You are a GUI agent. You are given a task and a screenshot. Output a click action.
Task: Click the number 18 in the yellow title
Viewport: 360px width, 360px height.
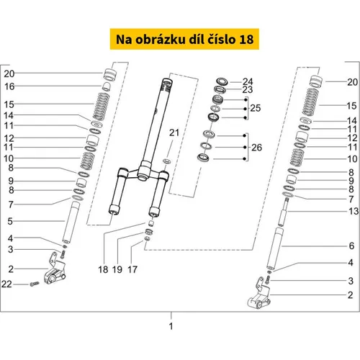(x=246, y=40)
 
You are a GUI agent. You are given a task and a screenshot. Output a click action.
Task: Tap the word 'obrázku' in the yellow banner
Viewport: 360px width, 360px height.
(x=161, y=40)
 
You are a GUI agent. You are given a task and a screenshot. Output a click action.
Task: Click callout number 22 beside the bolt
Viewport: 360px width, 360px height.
(x=6, y=284)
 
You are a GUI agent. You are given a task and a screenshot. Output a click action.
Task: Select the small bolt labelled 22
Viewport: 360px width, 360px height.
(x=35, y=284)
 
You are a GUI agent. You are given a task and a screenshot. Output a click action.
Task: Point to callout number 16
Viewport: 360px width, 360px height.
(x=9, y=86)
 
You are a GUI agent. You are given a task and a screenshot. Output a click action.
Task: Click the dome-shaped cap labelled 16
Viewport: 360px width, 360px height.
(x=107, y=86)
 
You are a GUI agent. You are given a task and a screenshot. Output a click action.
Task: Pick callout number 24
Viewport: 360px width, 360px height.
(x=248, y=81)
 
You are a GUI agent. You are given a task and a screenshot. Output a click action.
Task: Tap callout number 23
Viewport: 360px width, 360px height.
(x=248, y=90)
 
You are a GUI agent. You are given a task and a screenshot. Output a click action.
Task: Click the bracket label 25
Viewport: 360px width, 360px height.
(x=256, y=108)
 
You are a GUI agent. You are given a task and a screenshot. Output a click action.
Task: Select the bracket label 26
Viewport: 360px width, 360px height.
(x=256, y=148)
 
